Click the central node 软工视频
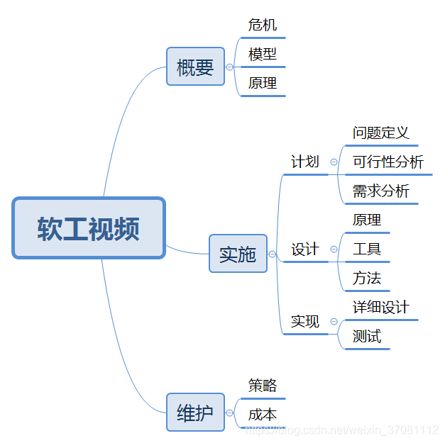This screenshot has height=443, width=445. (x=89, y=228)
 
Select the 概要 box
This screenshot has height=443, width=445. (x=195, y=67)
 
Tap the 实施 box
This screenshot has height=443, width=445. (x=238, y=253)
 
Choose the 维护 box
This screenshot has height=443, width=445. (x=195, y=412)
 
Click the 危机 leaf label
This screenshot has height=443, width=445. (x=263, y=26)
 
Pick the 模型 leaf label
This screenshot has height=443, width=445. (x=263, y=55)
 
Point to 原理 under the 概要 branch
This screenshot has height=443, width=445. (x=263, y=83)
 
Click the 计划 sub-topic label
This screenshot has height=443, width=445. (x=305, y=162)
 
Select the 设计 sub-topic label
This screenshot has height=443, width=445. (x=305, y=249)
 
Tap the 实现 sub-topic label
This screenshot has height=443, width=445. (x=305, y=321)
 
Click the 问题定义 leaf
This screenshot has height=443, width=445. (x=381, y=133)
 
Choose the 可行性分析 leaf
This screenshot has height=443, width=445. (x=388, y=162)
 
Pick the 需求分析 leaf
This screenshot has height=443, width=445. (x=381, y=191)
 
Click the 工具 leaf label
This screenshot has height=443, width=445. (x=367, y=249)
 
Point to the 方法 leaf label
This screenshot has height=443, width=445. (x=367, y=278)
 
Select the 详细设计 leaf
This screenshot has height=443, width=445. (x=381, y=307)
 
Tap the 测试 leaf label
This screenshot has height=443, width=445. (x=367, y=336)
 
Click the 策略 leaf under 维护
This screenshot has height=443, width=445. (x=263, y=386)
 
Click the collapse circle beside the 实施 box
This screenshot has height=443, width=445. (x=272, y=254)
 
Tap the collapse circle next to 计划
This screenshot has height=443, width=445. (x=334, y=162)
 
